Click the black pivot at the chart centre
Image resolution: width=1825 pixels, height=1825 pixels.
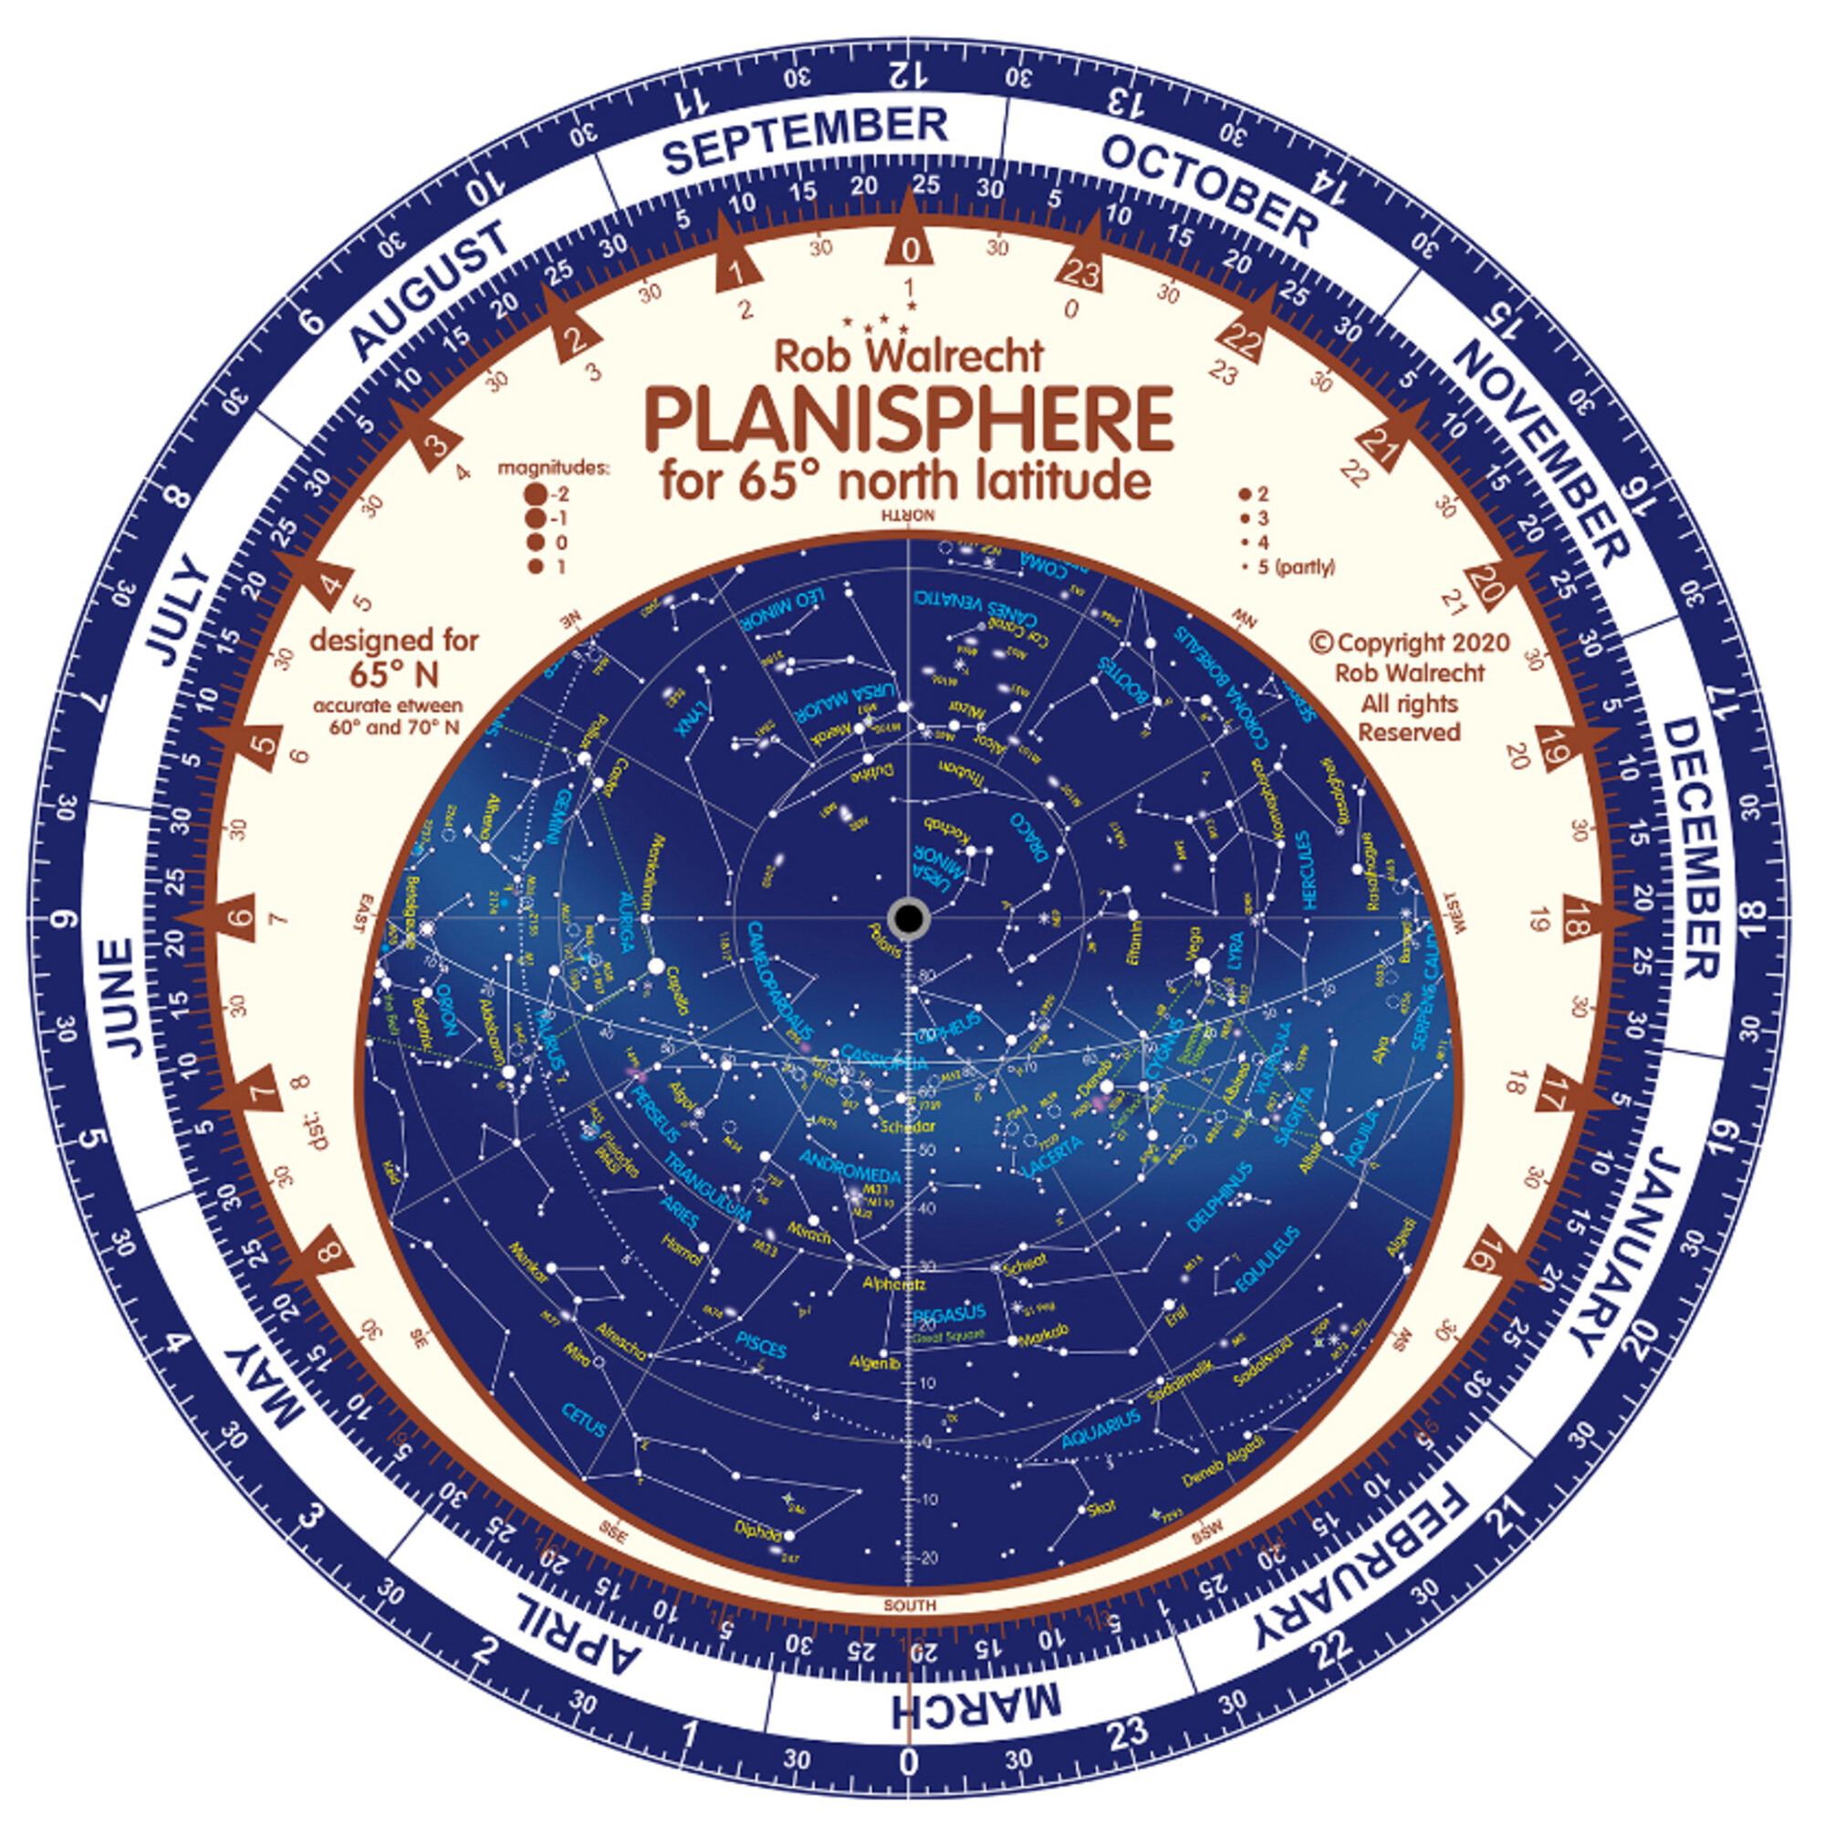coord(909,917)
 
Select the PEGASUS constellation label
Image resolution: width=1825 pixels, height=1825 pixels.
coord(949,1312)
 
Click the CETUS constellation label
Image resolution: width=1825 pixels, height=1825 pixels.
coord(584,1418)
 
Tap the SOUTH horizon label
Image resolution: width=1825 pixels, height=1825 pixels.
coord(910,1605)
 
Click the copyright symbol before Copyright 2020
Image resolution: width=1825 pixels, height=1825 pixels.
coord(1320,642)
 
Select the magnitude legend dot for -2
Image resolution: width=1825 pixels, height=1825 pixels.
coord(537,494)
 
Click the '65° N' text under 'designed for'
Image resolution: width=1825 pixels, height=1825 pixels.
coord(394,674)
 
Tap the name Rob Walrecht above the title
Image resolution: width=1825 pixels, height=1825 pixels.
coord(909,356)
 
